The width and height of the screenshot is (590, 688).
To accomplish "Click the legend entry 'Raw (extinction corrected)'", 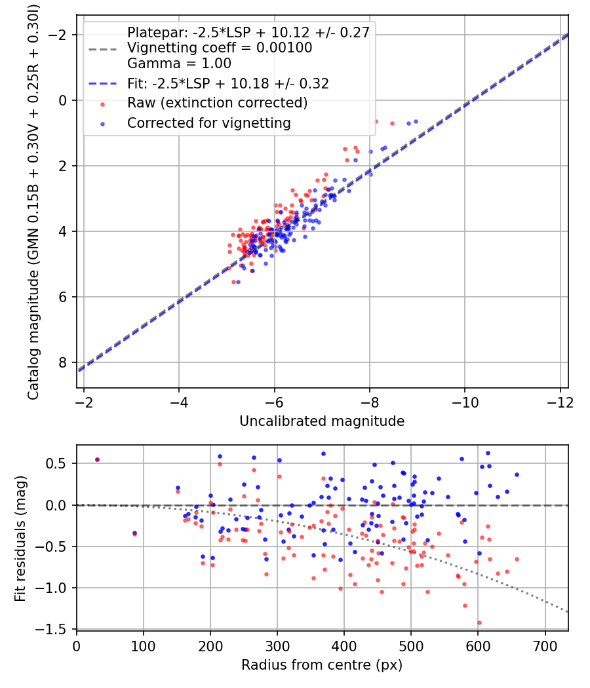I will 217,103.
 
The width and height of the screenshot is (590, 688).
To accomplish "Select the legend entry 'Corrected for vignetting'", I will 209,123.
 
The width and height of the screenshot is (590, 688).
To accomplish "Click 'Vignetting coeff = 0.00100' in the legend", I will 220,48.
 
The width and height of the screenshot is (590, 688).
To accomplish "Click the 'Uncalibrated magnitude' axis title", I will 322,421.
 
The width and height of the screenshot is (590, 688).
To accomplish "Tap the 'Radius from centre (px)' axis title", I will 322,665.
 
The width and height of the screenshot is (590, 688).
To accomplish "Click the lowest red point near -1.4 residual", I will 479,622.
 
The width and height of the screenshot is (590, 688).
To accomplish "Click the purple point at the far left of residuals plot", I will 97,459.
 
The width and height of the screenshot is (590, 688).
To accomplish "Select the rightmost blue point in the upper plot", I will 416,121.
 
